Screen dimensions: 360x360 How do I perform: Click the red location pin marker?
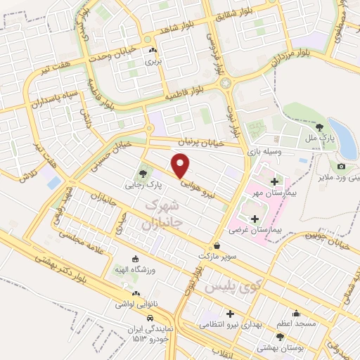coord(181,164)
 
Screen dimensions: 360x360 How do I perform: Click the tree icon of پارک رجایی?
coord(144,173)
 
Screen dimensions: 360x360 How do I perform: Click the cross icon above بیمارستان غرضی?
coord(255,219)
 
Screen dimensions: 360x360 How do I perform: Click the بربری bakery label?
coord(153,62)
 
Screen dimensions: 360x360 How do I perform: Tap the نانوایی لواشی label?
coord(136,305)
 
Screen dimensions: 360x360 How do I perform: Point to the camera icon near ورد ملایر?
coord(341,167)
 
